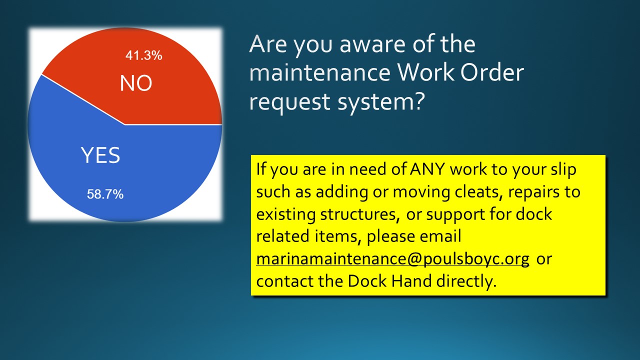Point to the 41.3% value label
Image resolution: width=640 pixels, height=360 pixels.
click(143, 56)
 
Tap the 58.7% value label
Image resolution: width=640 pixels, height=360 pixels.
click(105, 194)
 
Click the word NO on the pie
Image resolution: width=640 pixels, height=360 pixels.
click(136, 83)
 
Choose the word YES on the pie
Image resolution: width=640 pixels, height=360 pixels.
click(100, 156)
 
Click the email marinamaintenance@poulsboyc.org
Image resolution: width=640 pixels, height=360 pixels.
click(392, 259)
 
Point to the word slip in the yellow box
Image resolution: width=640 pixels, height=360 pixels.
click(563, 169)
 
